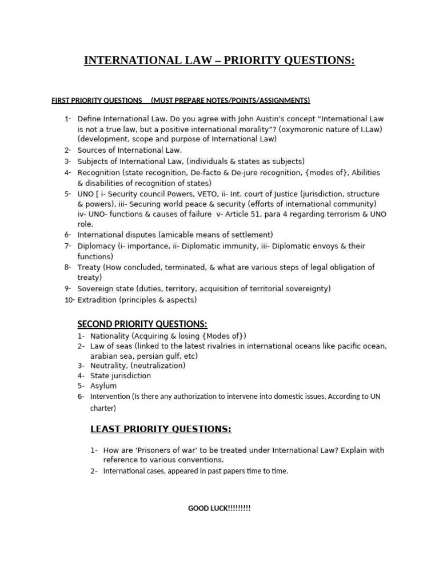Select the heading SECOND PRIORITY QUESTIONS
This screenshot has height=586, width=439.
tap(142, 324)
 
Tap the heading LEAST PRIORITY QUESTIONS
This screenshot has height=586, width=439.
tap(161, 429)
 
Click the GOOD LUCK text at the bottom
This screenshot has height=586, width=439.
tap(219, 508)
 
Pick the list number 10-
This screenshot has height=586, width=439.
tap(69, 299)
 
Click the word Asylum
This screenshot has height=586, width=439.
tap(103, 386)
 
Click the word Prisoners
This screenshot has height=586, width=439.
tap(151, 450)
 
